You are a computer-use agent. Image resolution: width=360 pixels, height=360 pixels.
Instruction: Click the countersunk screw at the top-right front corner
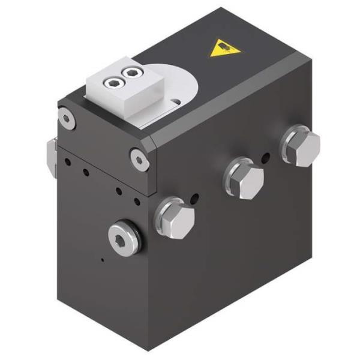(139, 159)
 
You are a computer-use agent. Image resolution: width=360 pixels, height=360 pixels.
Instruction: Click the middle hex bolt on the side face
(244, 178)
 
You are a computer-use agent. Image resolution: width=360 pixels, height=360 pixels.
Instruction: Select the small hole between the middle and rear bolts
(265, 158)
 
